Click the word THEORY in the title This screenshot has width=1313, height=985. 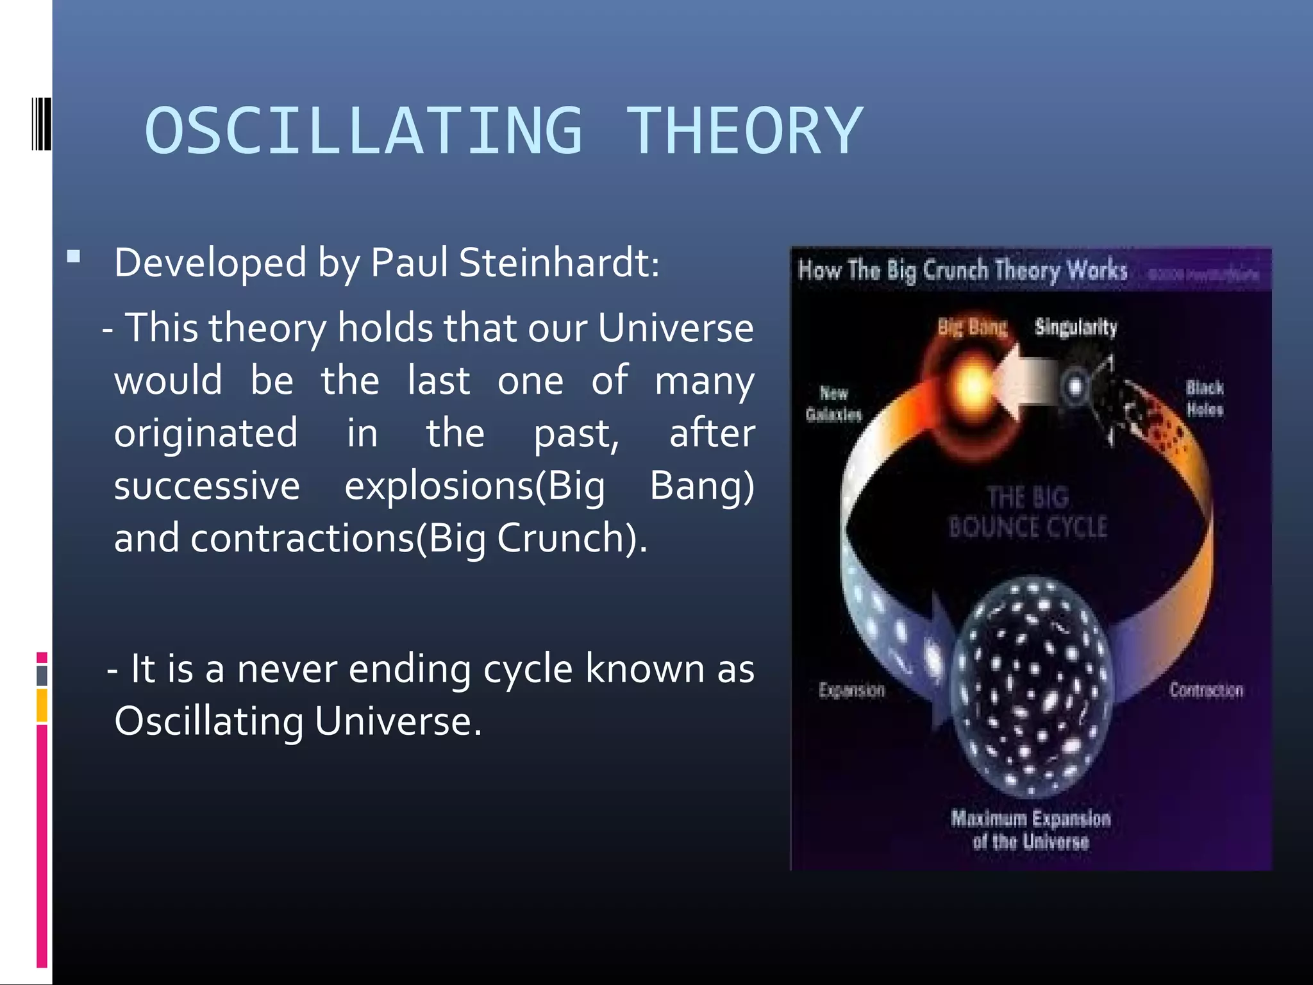(744, 131)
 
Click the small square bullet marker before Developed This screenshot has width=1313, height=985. (74, 258)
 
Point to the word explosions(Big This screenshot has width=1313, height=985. (474, 486)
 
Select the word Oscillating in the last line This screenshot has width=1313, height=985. (208, 721)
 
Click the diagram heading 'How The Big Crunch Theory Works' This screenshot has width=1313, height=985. (962, 270)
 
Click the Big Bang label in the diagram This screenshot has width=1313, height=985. (972, 327)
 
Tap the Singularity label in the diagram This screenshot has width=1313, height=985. (1075, 327)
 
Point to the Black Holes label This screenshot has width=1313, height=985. (1204, 398)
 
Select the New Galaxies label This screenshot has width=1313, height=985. (833, 403)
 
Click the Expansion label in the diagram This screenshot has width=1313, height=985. (851, 690)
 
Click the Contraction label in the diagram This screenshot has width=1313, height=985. (1206, 690)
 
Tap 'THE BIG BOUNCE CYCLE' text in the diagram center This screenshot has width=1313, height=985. (1028, 512)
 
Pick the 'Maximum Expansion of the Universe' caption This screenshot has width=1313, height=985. (1030, 829)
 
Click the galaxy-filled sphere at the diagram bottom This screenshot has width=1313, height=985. (1031, 686)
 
